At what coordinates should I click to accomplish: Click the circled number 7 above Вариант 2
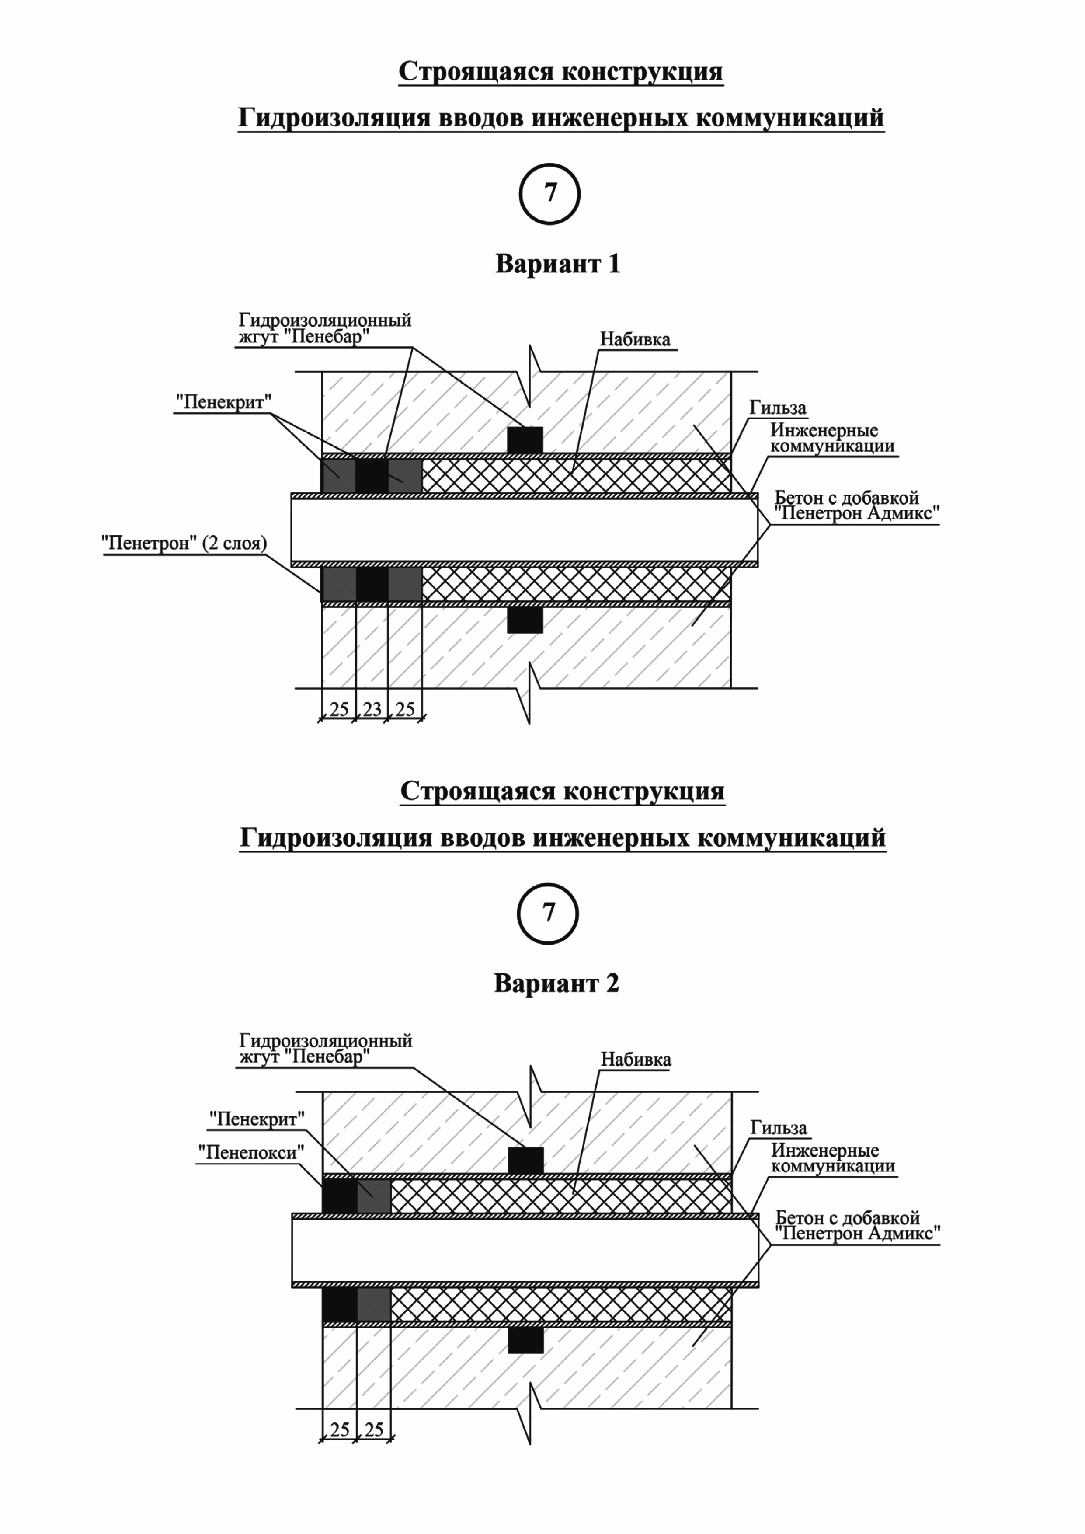(548, 914)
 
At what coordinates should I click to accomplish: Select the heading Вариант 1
(558, 264)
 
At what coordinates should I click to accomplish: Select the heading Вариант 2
(556, 983)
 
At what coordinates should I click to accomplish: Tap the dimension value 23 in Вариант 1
(372, 709)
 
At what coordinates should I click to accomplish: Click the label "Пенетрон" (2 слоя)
(184, 543)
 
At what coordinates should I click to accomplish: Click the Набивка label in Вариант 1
(635, 339)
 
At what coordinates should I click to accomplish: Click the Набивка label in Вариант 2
(636, 1060)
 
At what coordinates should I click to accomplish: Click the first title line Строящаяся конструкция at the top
(560, 71)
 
